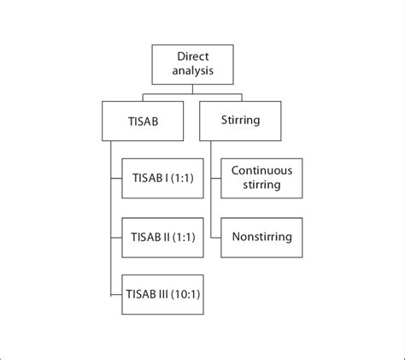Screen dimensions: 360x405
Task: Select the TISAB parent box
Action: pos(142,121)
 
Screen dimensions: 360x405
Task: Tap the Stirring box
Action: pos(241,121)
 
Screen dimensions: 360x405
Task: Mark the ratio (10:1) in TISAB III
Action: pos(185,295)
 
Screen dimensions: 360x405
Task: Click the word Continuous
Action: pos(262,170)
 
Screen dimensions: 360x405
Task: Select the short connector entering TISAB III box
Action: pos(116,295)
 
